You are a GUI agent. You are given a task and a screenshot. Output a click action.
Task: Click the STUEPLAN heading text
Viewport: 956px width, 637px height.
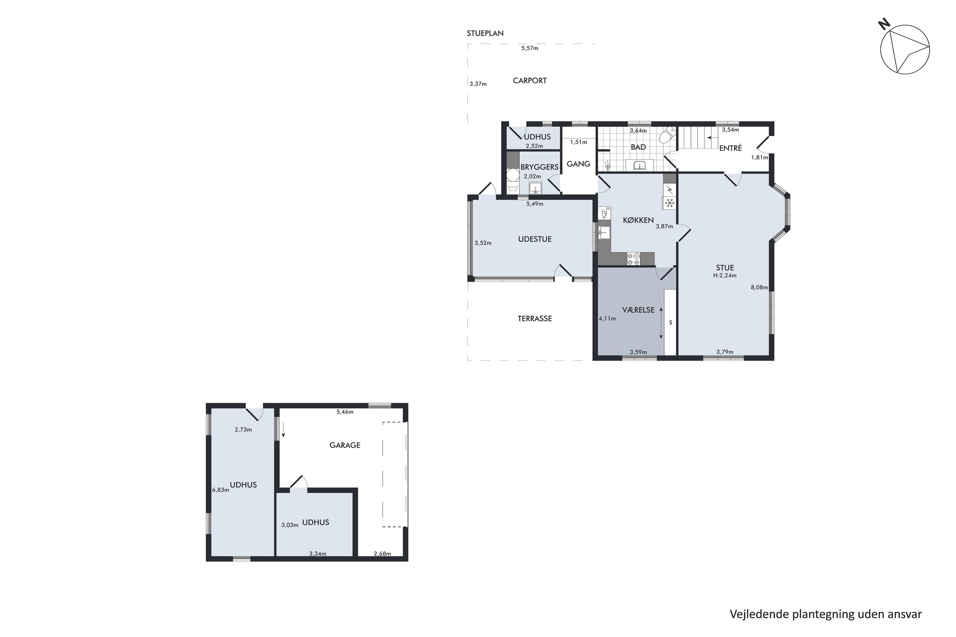point(485,34)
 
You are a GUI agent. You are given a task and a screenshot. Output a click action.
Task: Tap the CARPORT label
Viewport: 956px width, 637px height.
point(529,81)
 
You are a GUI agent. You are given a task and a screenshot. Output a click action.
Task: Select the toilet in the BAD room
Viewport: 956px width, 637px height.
point(667,135)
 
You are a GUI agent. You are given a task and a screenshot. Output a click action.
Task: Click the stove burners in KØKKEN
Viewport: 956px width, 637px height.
point(633,259)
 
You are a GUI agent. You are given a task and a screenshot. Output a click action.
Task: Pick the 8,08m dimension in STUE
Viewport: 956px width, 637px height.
point(759,288)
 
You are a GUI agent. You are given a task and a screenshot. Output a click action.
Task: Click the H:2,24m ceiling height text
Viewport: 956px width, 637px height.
point(725,276)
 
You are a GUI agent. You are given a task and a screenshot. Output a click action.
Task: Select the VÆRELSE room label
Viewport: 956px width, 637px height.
point(638,310)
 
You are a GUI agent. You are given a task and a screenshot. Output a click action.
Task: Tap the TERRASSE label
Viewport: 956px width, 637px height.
point(534,319)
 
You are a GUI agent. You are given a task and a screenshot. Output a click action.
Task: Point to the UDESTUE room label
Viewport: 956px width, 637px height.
point(534,239)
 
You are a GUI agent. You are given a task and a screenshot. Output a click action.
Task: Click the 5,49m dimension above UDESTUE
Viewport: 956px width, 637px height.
point(534,204)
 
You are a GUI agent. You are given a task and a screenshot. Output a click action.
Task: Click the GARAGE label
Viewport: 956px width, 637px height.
point(345,446)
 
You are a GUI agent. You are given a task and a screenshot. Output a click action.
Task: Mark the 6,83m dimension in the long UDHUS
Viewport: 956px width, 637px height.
point(220,490)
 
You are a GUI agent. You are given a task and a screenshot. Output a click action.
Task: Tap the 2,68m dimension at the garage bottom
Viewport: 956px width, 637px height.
point(382,554)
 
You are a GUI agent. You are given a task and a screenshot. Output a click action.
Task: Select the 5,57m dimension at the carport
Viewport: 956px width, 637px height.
point(530,48)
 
